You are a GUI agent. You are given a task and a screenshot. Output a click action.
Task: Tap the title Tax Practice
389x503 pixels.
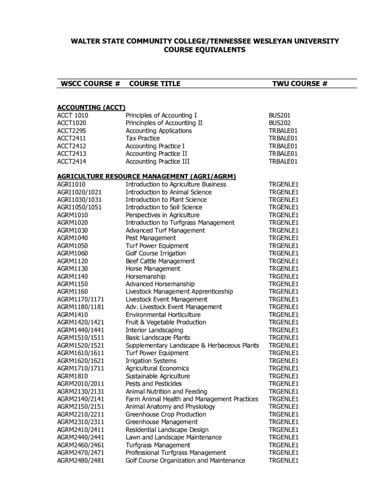tap(143, 139)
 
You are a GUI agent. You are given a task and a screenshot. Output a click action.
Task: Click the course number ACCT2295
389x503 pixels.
tap(72, 131)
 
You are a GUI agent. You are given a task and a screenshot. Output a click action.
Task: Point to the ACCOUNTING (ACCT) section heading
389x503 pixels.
tap(91, 107)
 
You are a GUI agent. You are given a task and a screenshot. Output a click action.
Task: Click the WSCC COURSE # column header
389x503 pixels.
tap(90, 84)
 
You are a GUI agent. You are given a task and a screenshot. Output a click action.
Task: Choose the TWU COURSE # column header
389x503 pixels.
tap(300, 84)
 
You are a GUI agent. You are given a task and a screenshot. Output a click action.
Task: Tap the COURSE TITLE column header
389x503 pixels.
tap(154, 84)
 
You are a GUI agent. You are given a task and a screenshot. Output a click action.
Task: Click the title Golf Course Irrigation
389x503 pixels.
tap(155, 253)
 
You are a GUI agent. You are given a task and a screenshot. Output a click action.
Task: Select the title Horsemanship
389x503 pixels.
tap(146, 276)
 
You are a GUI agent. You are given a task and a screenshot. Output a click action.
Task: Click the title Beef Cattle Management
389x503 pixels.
tap(160, 261)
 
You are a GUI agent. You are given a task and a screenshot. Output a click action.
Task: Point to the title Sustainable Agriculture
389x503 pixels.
tap(157, 376)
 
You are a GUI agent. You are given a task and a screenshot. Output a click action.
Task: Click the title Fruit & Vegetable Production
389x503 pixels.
tap(166, 322)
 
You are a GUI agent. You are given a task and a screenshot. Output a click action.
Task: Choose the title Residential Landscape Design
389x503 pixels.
tap(167, 429)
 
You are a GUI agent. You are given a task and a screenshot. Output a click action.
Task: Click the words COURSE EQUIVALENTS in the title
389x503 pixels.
tap(204, 50)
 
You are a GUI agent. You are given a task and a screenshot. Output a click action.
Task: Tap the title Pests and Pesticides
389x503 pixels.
tap(154, 383)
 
